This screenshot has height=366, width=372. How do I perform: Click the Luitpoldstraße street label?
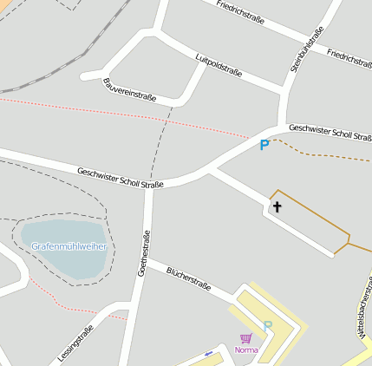click(x=219, y=66)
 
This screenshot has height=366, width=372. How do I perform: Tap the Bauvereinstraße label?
click(x=129, y=90)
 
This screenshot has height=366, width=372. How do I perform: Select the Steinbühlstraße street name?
click(x=307, y=49)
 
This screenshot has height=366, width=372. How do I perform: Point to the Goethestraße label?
click(x=144, y=252)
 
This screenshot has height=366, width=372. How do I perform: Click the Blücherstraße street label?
click(x=189, y=278)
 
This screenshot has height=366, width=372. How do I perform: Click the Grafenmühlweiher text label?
click(x=69, y=246)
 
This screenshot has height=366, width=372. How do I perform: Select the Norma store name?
click(x=246, y=350)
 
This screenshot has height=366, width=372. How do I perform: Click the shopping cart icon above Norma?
click(x=245, y=338)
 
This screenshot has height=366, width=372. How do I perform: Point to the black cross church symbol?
click(x=277, y=206)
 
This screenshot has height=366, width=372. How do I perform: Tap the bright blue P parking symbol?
click(x=264, y=146)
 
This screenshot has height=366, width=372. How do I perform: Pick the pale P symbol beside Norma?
click(x=268, y=326)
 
